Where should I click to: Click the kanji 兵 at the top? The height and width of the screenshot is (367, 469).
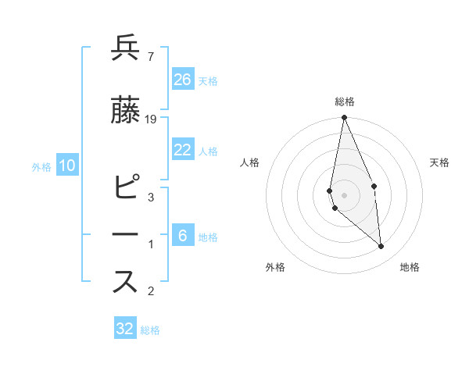coord(125,48)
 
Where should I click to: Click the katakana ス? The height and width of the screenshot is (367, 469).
coord(125,281)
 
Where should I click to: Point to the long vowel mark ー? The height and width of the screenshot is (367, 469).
coord(125,235)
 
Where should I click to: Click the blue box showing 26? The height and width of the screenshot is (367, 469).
coord(183,80)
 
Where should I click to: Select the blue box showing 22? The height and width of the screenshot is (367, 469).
coord(183,150)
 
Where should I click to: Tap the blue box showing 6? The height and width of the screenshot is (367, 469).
coord(183,236)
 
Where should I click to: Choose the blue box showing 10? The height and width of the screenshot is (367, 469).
coord(66,165)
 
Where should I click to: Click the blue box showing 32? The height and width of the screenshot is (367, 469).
coord(125,329)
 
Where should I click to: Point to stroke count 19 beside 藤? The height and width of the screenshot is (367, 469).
coord(151,119)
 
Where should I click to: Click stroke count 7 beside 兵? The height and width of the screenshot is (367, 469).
coord(150,55)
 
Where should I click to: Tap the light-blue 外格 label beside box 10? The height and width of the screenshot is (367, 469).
coord(41,166)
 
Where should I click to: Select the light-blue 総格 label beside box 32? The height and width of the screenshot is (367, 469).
coord(150,330)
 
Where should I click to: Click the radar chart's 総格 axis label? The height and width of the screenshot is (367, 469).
coord(344,102)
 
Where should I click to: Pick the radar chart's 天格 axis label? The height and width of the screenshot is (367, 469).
coord(439,162)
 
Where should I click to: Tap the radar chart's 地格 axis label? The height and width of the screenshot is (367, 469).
coord(410,268)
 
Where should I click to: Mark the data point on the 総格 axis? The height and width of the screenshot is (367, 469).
coord(344,118)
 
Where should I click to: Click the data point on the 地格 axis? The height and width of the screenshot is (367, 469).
coord(381,246)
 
